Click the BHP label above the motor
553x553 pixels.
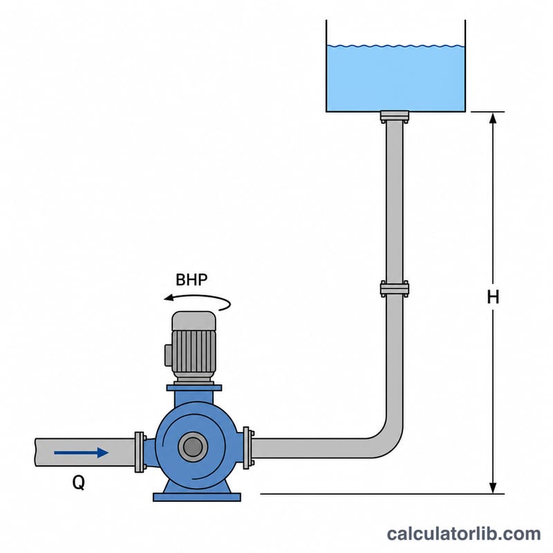click(191, 280)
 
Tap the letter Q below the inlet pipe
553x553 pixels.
click(79, 482)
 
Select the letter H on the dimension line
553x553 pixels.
click(493, 297)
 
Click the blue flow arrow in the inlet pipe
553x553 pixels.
click(81, 453)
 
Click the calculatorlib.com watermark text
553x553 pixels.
click(464, 534)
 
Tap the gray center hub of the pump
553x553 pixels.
click(193, 447)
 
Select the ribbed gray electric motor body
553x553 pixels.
click(194, 351)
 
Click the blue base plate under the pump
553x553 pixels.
click(197, 497)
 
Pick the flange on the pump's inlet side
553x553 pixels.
click(140, 452)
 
